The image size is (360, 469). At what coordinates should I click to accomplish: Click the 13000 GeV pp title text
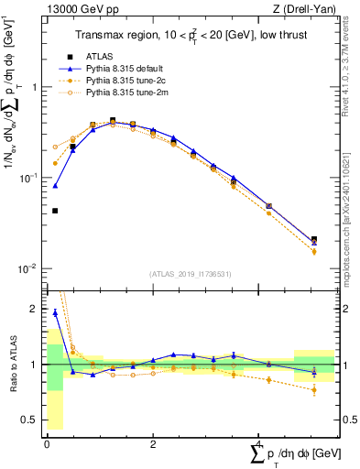point(74,9)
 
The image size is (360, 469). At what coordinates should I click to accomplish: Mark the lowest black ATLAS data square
point(55,211)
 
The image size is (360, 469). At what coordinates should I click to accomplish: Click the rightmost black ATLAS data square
point(314,240)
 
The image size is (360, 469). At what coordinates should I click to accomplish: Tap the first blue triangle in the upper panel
point(55,185)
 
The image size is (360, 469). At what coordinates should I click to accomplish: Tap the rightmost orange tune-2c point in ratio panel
point(314,390)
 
